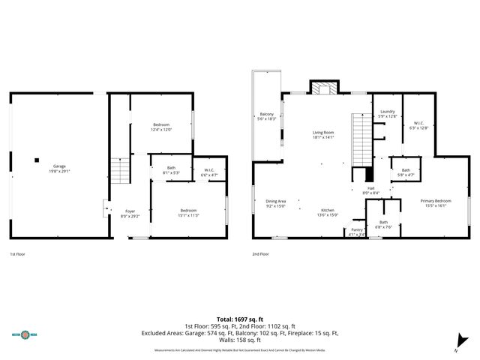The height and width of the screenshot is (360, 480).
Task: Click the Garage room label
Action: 59,169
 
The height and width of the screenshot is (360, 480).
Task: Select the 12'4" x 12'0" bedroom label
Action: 162,127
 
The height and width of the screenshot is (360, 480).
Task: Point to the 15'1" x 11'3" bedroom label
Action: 187,212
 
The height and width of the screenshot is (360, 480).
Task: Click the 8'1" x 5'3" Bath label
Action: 171,170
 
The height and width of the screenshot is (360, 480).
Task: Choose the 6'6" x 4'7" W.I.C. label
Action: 208,172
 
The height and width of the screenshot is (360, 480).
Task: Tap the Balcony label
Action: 267,116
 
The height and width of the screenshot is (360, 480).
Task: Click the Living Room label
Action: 323,135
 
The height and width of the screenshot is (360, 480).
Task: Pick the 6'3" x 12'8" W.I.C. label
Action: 419,125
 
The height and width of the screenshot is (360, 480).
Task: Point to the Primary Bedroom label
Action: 435,203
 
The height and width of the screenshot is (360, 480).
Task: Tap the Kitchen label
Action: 328,212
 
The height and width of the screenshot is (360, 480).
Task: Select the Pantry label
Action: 357,232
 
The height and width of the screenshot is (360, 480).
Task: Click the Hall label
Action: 370,190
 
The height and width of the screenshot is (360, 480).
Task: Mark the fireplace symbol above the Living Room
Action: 324,88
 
